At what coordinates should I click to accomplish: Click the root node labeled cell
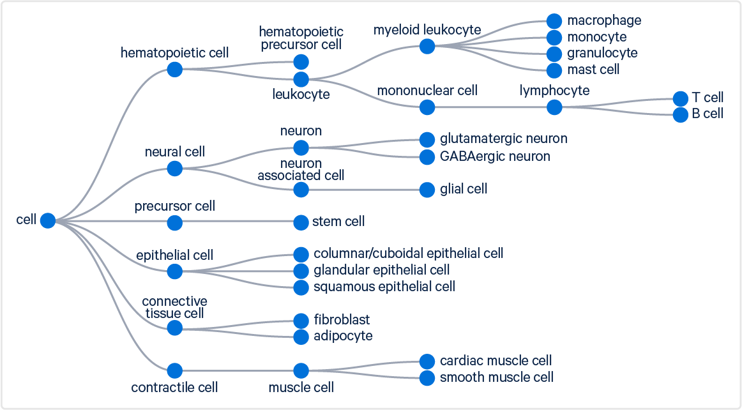pyautogui.click(x=48, y=220)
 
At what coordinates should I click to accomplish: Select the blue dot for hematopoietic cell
pyautogui.click(x=174, y=69)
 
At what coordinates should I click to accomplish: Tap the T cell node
pyautogui.click(x=681, y=98)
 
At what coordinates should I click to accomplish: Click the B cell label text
pyautogui.click(x=708, y=114)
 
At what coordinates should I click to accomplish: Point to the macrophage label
pyautogui.click(x=603, y=20)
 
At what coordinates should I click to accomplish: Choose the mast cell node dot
pyautogui.click(x=554, y=70)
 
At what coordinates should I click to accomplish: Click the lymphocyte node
pyautogui.click(x=554, y=107)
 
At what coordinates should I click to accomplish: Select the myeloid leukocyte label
pyautogui.click(x=427, y=29)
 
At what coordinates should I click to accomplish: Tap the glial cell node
pyautogui.click(x=427, y=190)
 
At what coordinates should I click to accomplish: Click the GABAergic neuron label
pyautogui.click(x=495, y=156)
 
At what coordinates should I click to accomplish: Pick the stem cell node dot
pyautogui.click(x=301, y=222)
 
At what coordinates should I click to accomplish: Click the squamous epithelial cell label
pyautogui.click(x=384, y=287)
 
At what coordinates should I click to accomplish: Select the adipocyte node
pyautogui.click(x=301, y=337)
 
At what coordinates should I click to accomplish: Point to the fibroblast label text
pyautogui.click(x=342, y=319)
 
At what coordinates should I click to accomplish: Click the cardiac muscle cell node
pyautogui.click(x=427, y=361)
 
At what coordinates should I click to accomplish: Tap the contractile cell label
pyautogui.click(x=174, y=387)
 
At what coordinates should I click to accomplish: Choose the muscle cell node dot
pyautogui.click(x=301, y=370)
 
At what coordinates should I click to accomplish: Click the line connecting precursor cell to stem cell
pyautogui.click(x=238, y=222)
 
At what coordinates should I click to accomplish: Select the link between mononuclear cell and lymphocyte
pyautogui.click(x=490, y=107)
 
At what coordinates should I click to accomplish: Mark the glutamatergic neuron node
pyautogui.click(x=427, y=139)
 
